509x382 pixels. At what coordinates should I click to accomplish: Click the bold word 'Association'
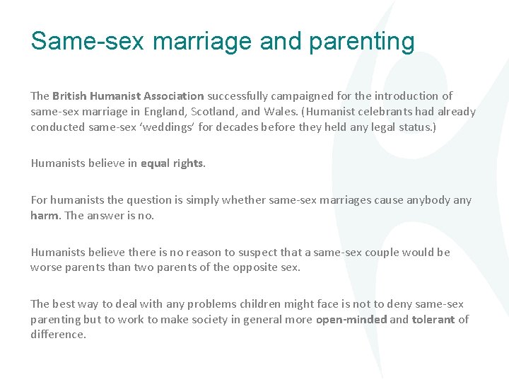point(174,95)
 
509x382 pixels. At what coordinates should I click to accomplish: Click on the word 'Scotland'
point(215,111)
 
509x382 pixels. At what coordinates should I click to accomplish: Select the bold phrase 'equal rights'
point(172,163)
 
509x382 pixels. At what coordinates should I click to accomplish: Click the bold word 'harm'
point(45,216)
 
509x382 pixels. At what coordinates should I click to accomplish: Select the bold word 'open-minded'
point(351,320)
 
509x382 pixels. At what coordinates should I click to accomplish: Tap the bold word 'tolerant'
point(433,320)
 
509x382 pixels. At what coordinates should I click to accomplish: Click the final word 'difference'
point(58,335)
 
